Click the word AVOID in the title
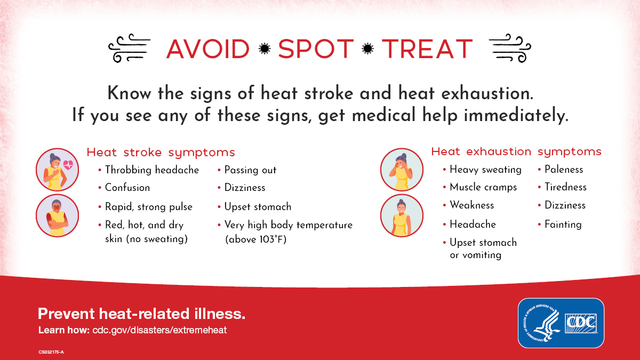(207, 49)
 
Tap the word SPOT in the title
(316, 49)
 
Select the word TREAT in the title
(427, 49)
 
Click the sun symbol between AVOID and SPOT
(263, 49)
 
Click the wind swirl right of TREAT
(509, 49)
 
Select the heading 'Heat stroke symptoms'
(161, 153)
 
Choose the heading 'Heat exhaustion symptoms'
(516, 151)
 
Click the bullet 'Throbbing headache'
(151, 170)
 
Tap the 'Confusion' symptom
(127, 188)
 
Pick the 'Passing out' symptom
(250, 170)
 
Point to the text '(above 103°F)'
(257, 239)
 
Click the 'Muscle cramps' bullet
(483, 187)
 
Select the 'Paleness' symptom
(564, 170)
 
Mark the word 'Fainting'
(563, 225)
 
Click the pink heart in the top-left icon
(68, 165)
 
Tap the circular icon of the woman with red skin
(57, 215)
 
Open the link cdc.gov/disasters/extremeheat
(159, 330)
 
